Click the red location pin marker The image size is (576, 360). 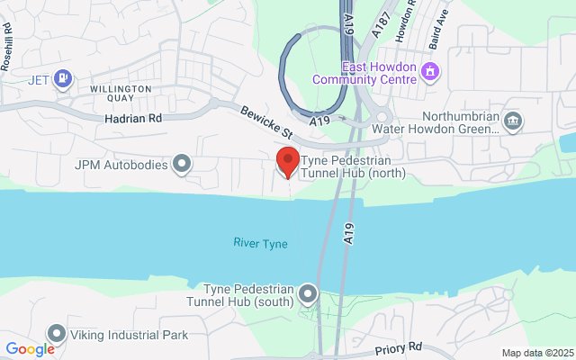(x=287, y=161)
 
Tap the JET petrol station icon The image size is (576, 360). (x=62, y=79)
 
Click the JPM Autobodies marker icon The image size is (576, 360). (x=183, y=164)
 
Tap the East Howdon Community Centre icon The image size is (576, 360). (x=430, y=70)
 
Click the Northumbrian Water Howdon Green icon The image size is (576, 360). (x=512, y=121)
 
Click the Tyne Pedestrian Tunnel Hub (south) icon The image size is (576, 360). (x=309, y=293)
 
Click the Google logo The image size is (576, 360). (x=30, y=349)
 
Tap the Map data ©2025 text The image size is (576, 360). (x=536, y=353)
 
